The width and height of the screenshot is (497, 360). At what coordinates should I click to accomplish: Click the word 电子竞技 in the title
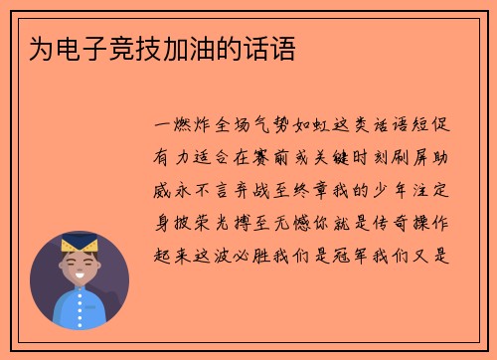(x=100, y=49)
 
